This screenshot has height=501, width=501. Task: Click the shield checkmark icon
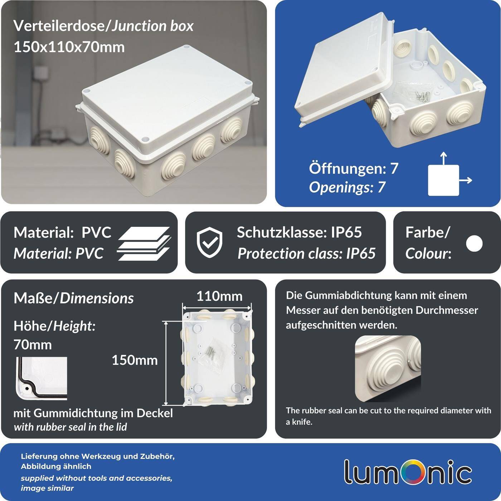coord(209,242)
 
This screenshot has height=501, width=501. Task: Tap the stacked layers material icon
coord(144,243)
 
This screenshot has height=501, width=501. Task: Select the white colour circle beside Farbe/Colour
coord(474,243)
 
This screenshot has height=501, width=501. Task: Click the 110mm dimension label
coord(219,296)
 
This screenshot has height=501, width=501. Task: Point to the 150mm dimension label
coord(135,360)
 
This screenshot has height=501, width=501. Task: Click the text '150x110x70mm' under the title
coord(69,47)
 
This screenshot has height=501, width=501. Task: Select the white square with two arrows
coord(443,180)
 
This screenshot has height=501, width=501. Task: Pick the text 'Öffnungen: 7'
coord(353,169)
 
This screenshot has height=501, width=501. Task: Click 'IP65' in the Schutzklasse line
coord(346,233)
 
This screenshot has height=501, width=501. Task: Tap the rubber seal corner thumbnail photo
coord(42,378)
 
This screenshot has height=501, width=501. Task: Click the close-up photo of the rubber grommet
coord(388,369)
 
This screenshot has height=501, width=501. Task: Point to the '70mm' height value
coord(33,345)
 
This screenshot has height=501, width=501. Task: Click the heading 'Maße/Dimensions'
coord(73,298)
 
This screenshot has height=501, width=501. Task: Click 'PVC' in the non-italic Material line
coord(96,233)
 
